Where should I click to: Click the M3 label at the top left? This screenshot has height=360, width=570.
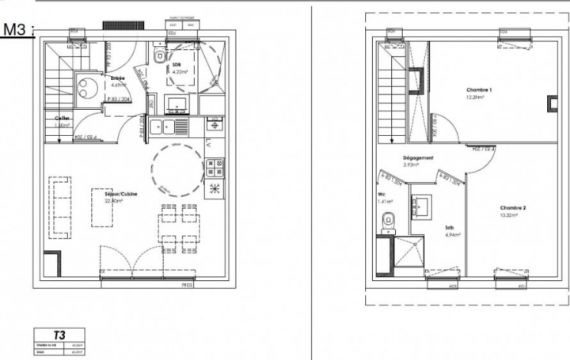[x=17, y=30]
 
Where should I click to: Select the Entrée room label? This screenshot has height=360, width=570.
[x=117, y=78]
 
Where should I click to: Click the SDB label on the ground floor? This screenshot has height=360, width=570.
[x=177, y=65]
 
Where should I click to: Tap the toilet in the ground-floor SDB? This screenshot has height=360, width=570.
[x=160, y=55]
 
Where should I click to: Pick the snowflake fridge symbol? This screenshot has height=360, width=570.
[x=215, y=189]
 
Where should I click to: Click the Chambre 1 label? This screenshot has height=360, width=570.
[x=479, y=90]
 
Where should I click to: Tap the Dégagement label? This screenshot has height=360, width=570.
[x=418, y=157]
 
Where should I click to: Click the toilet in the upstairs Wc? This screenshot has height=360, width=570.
[x=387, y=221]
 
